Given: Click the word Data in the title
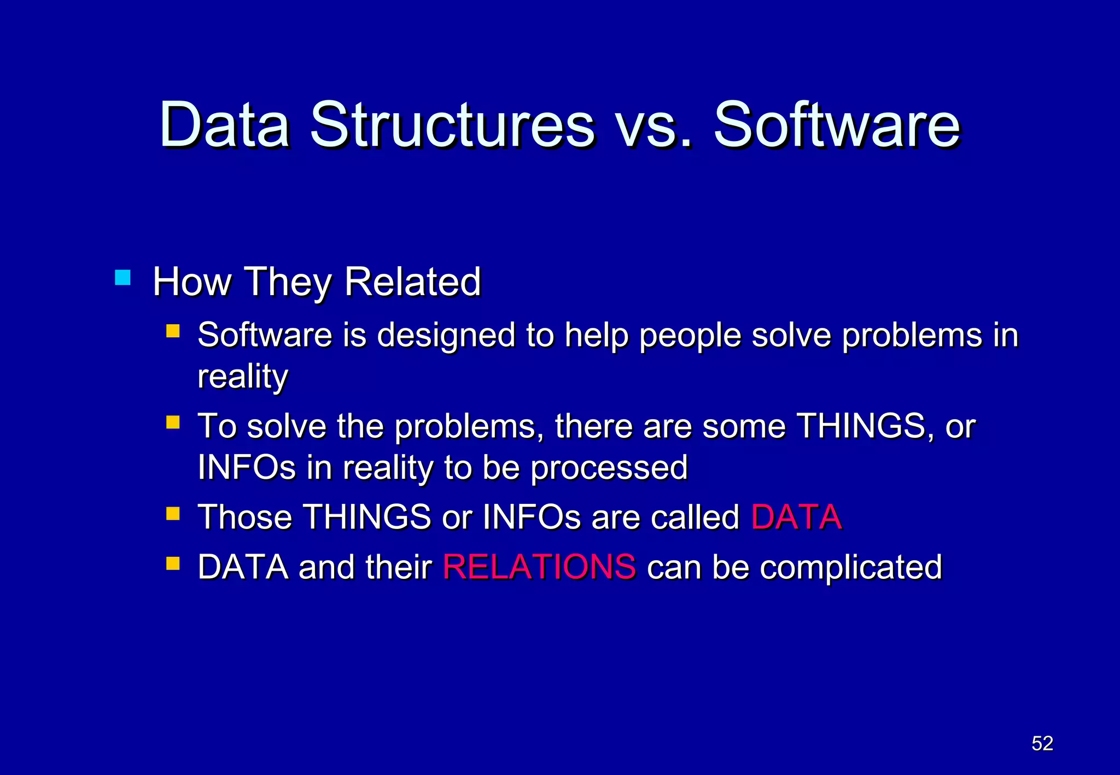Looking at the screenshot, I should point(224,126).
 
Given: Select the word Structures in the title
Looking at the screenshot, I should point(452,126).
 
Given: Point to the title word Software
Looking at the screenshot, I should point(837,126).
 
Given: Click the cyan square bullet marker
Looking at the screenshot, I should point(123,278).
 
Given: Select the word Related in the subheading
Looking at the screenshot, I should point(412,282).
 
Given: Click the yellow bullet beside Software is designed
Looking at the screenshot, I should point(173,331).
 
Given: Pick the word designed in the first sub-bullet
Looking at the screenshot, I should point(446,335).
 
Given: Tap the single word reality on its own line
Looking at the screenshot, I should point(242,377).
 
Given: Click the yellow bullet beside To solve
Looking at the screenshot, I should point(173,422).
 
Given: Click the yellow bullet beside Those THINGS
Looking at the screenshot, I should point(173,514).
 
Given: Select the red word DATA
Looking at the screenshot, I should point(796,517).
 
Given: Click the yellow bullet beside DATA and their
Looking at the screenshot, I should point(173,563).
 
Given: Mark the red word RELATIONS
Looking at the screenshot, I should point(539,567).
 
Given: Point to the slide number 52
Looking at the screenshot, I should point(1042,743).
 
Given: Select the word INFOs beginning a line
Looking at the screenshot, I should point(247,468).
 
